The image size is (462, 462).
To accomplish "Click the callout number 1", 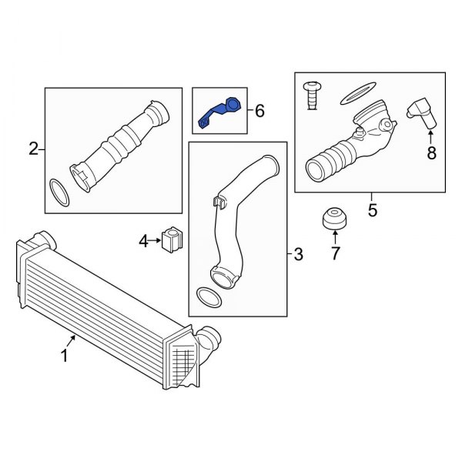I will point(65,357).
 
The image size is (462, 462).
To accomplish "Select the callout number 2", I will point(33,149).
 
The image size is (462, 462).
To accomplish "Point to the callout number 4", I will point(143,242).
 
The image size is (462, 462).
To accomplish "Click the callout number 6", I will point(259,112).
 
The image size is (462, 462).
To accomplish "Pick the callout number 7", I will point(335,253).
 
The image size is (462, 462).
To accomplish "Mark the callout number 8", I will point(431,153).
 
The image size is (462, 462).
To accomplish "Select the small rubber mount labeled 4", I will point(172,239).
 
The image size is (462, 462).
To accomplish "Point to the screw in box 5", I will point(313,92).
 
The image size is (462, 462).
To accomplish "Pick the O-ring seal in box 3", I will point(206,297).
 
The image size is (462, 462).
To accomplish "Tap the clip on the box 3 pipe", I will point(217,203).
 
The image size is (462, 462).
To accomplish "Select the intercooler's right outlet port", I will point(209,337).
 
